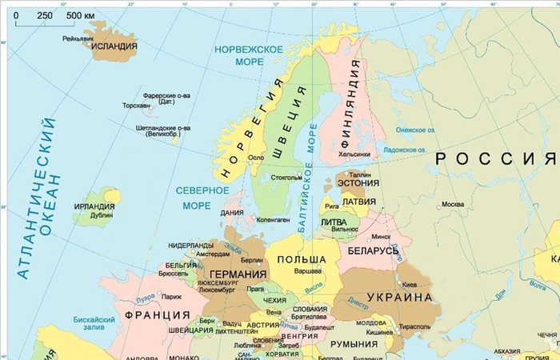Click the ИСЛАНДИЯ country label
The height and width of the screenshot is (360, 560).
(114, 46)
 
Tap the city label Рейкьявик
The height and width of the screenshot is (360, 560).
(78, 38)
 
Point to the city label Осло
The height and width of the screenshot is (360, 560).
(256, 158)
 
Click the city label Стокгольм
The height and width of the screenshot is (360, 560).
(286, 177)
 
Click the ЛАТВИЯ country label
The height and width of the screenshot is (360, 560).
(360, 202)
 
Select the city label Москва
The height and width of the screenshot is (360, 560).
(453, 203)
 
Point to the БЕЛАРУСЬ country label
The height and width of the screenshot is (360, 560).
(373, 250)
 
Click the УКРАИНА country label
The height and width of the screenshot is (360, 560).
(400, 297)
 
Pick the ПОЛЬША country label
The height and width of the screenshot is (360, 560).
(301, 260)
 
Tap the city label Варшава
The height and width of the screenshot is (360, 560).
(309, 272)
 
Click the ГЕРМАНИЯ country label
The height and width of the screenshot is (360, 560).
(226, 274)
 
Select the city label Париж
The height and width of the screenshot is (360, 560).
(172, 296)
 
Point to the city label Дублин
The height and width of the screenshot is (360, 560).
(102, 215)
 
